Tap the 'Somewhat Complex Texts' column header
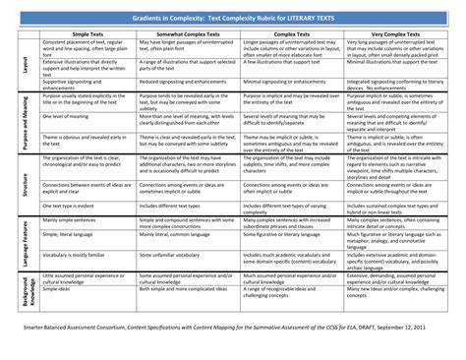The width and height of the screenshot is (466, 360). (190, 33)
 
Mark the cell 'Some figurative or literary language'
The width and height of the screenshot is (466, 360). (286, 236)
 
